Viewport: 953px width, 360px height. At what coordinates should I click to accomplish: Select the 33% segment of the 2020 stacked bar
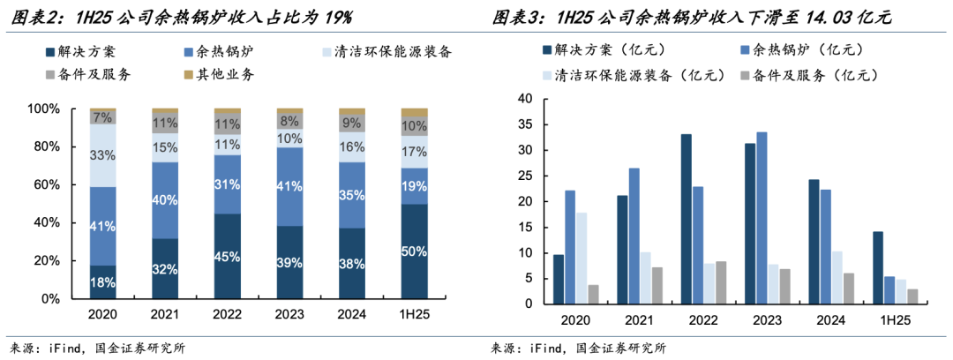(102, 156)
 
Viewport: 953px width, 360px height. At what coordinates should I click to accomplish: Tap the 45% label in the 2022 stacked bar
(227, 258)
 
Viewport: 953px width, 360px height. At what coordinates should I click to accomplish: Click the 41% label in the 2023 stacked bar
(289, 186)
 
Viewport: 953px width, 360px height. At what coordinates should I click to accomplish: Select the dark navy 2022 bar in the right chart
(686, 219)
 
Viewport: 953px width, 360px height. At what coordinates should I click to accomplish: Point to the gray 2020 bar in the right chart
(594, 295)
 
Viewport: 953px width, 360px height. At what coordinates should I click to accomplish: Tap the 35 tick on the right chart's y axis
(526, 124)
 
